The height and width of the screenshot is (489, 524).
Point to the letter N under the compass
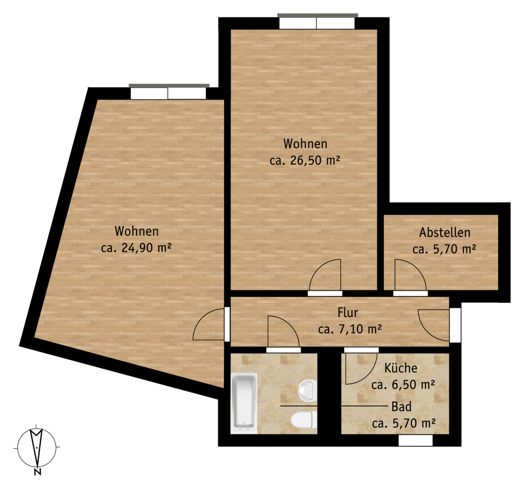(38, 472)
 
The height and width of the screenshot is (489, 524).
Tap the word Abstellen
(445, 232)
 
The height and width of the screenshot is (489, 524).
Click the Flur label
(348, 312)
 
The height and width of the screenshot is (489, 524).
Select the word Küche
(400, 368)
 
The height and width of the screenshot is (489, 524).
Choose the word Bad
(401, 407)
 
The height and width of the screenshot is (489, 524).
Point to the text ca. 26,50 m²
(305, 161)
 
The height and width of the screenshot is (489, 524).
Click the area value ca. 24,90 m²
(136, 248)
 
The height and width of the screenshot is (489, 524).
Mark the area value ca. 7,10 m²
(350, 329)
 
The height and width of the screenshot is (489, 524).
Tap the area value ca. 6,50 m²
(403, 385)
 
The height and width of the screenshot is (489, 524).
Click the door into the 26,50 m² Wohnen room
(325, 276)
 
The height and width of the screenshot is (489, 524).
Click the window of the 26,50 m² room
(317, 21)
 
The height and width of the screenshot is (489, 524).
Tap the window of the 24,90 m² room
(168, 91)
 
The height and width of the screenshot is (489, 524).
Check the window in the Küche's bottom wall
(416, 441)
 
